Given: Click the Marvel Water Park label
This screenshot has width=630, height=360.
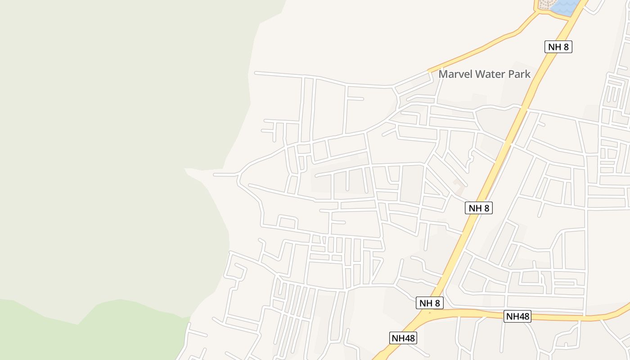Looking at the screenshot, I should click(x=485, y=74).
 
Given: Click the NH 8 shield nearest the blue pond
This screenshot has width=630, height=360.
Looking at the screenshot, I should click(x=558, y=47).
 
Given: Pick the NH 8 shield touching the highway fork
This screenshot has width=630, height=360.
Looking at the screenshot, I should click(x=430, y=303).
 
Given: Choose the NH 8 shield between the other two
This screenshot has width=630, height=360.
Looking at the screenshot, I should click(x=479, y=208).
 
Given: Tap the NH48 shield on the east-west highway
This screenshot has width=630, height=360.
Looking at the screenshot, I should click(x=517, y=316).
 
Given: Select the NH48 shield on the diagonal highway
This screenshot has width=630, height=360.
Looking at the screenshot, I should click(x=403, y=338).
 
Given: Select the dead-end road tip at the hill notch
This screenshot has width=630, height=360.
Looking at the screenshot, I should click(x=215, y=174).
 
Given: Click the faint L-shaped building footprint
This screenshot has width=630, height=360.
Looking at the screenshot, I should click(x=458, y=183).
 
